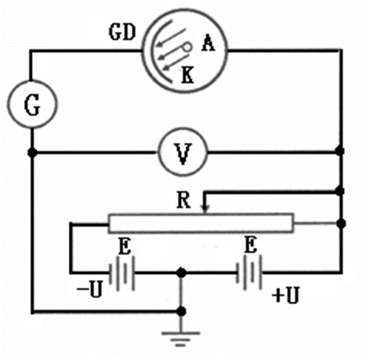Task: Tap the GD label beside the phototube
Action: coord(122,33)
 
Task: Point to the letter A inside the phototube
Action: coord(209,43)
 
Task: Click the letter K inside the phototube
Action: coord(188,75)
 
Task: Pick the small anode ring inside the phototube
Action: coord(187,47)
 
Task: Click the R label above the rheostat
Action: coord(184,200)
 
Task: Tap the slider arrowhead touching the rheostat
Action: coord(205,209)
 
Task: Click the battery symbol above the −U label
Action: coord(122,273)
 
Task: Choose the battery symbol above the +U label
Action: coord(249,273)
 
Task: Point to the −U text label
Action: coord(90,289)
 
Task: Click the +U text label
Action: coord(285,295)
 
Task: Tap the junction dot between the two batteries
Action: coord(181,273)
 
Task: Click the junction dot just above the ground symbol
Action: coord(181,311)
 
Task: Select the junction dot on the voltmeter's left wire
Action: coord(33,153)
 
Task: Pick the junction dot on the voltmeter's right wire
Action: coord(340,151)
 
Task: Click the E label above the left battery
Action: coord(125,246)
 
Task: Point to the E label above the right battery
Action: coord(251,245)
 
